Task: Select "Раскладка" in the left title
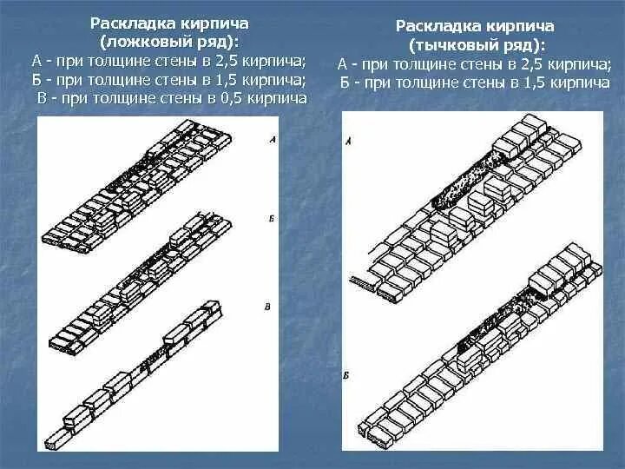(x=123, y=26)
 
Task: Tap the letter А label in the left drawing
(x=273, y=140)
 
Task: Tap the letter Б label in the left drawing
(x=273, y=221)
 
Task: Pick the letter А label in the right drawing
(x=349, y=140)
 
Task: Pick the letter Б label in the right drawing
(x=347, y=373)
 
